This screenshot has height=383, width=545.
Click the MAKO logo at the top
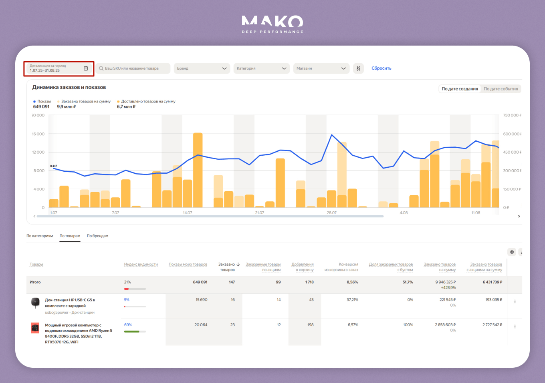[272, 23]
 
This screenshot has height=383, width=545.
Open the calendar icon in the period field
[86, 68]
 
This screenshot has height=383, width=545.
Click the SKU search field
[133, 68]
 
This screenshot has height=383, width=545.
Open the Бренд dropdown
[202, 68]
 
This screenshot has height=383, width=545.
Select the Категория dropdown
[262, 68]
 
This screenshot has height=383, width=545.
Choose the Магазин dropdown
[321, 68]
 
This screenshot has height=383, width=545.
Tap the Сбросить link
[381, 68]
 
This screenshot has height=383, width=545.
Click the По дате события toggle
[501, 89]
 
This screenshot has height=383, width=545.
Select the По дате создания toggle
[460, 89]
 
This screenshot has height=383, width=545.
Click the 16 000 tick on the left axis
[38, 134]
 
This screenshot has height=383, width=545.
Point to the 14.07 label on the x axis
[187, 213]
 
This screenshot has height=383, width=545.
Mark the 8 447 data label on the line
[54, 166]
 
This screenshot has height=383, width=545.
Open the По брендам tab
[97, 236]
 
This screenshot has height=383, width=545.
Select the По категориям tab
[40, 236]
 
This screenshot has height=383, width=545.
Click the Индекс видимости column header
[141, 265]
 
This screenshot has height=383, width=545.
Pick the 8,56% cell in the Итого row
[352, 282]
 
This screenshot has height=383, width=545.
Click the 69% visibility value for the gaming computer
[128, 325]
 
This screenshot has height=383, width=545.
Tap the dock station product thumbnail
[35, 303]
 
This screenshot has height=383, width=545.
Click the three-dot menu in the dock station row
[515, 301]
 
